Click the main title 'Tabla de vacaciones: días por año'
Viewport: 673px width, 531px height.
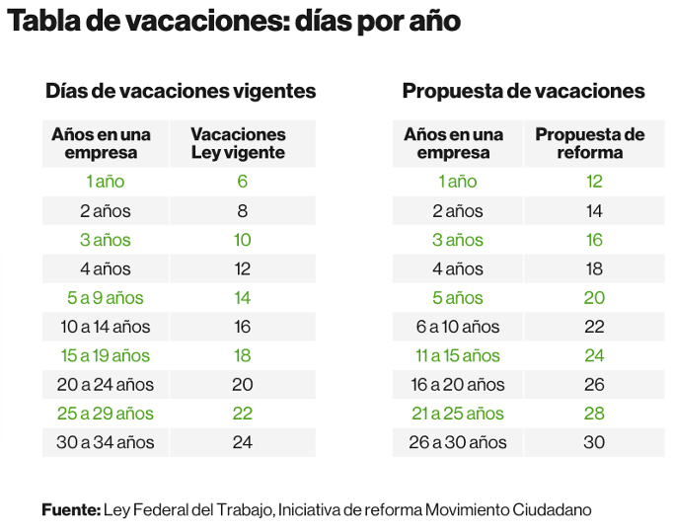pos(235,22)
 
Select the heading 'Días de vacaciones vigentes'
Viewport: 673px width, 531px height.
pos(181,91)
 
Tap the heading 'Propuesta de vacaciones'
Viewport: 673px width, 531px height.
pos(523,91)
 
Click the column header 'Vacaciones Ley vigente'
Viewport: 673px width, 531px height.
pos(238,143)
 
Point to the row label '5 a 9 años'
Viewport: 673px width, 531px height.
pos(105,298)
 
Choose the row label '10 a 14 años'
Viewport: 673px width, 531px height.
pos(105,327)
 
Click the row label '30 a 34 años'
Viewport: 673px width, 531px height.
pos(105,442)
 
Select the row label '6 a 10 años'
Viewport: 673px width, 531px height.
pos(458,327)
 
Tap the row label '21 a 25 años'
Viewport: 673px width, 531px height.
pos(458,414)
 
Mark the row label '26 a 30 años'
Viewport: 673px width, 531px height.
pos(458,442)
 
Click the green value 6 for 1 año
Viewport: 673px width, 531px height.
pos(242,182)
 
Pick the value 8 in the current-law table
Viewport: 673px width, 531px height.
pos(242,210)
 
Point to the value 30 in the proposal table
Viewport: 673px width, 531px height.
pos(593,442)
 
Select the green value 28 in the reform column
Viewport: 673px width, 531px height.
pos(593,414)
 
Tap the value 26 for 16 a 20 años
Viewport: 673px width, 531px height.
pos(593,385)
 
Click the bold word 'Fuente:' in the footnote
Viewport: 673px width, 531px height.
pos(71,509)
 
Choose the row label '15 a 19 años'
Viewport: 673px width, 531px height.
pos(105,355)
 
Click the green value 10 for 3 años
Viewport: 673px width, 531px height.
pos(242,240)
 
